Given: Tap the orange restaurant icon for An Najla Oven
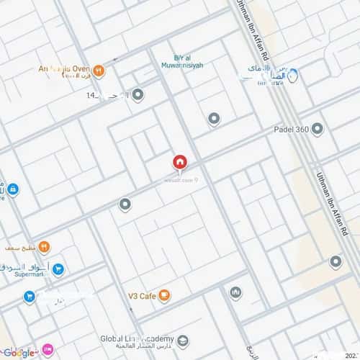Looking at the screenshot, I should (x=99, y=71).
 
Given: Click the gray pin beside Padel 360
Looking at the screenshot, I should (x=317, y=128).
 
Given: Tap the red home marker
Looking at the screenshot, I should (x=180, y=162).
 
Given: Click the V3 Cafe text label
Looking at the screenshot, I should (x=142, y=294).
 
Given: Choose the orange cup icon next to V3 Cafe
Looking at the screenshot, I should (x=164, y=294).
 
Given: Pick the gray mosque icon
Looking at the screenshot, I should (x=235, y=292).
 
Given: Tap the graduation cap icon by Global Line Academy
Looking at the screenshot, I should (x=183, y=340).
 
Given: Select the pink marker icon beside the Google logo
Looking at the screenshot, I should (x=48, y=350).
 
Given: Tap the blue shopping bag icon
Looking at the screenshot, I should (x=12, y=190).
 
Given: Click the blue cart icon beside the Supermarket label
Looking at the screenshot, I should (x=58, y=270).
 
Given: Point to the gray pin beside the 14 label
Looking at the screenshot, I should (x=138, y=95).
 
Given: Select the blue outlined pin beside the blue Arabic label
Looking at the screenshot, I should (x=293, y=73).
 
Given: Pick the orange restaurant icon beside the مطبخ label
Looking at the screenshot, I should (x=44, y=247).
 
